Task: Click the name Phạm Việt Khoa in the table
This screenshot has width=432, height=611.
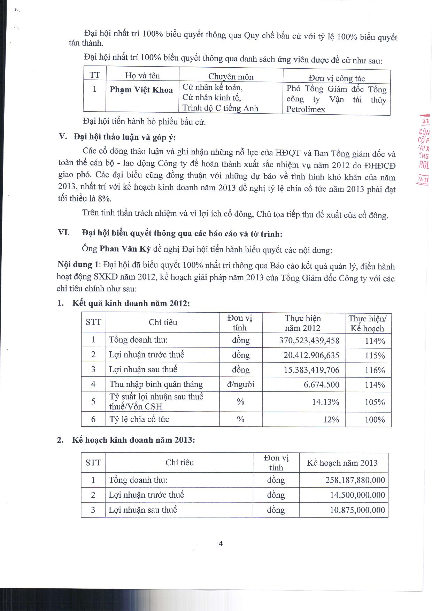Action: (141, 90)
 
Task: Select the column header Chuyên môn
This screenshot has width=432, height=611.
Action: (231, 77)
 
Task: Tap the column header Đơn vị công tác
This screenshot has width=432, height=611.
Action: (337, 78)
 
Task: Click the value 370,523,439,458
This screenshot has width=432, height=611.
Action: (309, 340)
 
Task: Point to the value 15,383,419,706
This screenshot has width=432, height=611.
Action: (311, 370)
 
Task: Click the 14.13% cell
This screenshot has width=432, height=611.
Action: (325, 402)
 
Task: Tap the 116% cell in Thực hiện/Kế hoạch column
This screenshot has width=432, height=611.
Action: (375, 370)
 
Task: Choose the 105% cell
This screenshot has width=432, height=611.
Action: (375, 402)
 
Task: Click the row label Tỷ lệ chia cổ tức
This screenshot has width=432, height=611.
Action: (139, 419)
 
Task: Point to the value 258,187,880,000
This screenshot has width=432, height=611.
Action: (355, 480)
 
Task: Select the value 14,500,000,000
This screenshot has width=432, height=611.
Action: (357, 495)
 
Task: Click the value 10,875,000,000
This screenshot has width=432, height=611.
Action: (357, 511)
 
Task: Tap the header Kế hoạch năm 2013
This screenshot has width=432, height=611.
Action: (342, 463)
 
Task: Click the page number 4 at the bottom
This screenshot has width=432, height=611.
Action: (221, 543)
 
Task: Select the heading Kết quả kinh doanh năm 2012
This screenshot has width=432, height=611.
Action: (131, 303)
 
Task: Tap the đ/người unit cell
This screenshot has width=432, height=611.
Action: (241, 384)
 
